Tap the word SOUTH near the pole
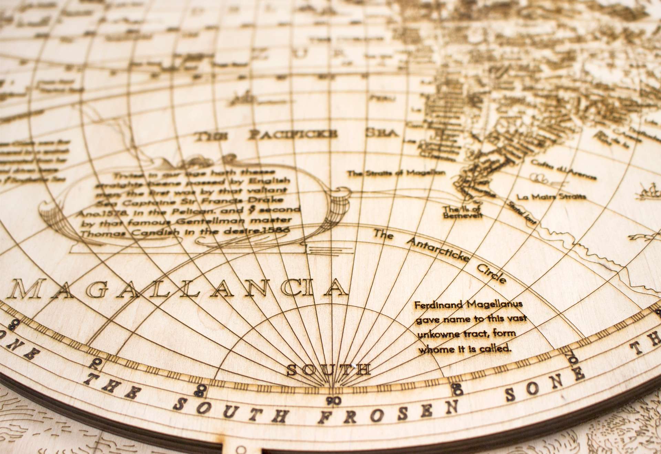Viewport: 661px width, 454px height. pyautogui.click(x=329, y=369)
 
